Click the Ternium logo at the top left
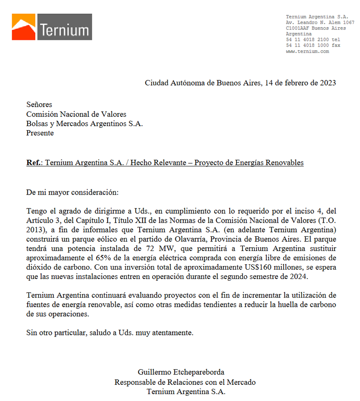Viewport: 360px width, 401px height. [x=52, y=27]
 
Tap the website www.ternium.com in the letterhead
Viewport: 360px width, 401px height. [x=307, y=51]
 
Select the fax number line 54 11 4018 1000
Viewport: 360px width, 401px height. [x=313, y=45]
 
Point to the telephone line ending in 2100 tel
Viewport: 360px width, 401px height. [x=313, y=40]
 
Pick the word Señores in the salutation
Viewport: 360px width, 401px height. [x=39, y=105]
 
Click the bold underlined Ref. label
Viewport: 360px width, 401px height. [x=34, y=163]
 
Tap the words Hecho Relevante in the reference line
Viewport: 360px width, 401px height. [x=164, y=163]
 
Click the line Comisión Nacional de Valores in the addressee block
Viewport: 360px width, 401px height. [x=76, y=114]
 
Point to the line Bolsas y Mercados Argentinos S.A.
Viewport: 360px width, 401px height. [x=84, y=124]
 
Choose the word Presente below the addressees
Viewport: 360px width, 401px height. [x=40, y=133]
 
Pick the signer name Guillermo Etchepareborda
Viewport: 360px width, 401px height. [x=181, y=372]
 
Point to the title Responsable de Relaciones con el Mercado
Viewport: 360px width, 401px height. [x=185, y=382]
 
